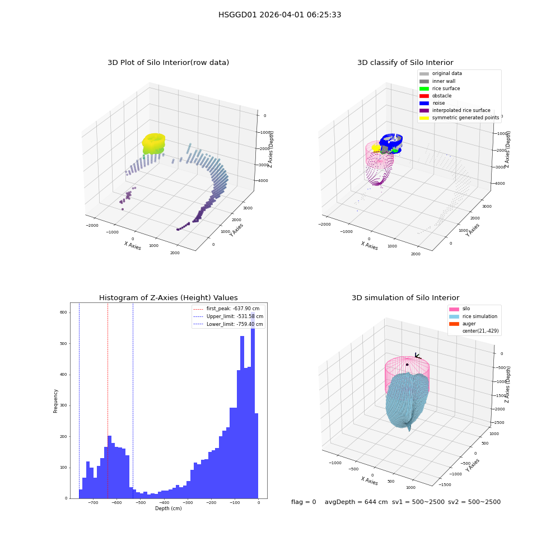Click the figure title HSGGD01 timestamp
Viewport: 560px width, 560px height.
point(279,15)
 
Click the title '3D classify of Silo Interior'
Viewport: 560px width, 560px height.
point(405,63)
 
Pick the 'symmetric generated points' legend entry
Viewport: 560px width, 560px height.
point(459,118)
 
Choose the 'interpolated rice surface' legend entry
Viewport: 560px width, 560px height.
point(455,110)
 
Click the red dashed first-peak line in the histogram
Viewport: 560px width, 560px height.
point(108,400)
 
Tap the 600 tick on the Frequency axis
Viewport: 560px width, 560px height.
point(63,312)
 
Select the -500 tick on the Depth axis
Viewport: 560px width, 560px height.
point(141,503)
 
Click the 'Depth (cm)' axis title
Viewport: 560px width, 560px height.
point(169,508)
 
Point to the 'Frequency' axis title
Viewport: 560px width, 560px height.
point(55,401)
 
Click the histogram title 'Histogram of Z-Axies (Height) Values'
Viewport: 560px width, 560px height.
point(168,298)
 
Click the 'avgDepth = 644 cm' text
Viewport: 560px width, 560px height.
point(356,502)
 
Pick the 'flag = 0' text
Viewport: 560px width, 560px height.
point(304,502)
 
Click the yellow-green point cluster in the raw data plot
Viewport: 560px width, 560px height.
point(153,143)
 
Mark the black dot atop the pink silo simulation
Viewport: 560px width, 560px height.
point(407,365)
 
